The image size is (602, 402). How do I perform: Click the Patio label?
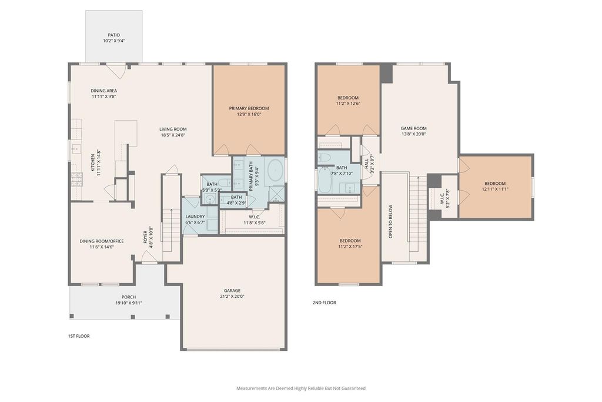[113, 35]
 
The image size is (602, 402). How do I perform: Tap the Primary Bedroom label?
[249, 108]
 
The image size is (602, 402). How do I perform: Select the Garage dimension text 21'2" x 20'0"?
[232, 296]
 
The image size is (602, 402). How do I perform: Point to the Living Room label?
[173, 129]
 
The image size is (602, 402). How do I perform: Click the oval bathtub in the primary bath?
[275, 171]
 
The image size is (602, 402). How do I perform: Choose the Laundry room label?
[195, 217]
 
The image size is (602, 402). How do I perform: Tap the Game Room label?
[413, 128]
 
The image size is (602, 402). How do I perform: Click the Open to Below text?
[390, 221]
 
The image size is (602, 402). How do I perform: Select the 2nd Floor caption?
[324, 303]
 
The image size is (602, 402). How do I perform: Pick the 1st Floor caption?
[79, 336]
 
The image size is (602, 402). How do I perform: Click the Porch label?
[129, 297]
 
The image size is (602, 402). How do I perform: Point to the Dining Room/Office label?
[102, 241]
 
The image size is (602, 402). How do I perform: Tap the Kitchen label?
[92, 163]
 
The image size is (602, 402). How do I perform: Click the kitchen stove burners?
[76, 180]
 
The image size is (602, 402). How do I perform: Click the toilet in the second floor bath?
[325, 157]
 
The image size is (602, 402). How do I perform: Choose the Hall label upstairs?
[366, 161]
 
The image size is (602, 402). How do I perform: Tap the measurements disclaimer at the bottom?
[301, 388]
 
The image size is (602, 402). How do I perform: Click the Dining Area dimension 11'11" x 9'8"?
[103, 97]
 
